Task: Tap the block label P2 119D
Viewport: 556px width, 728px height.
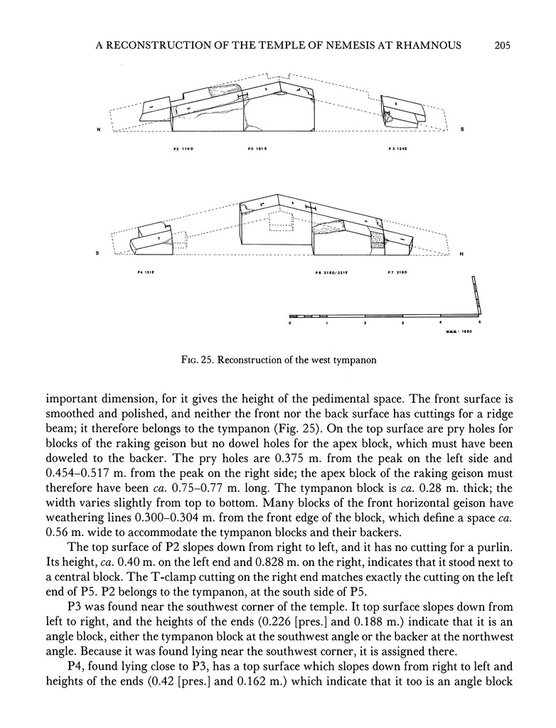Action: pos(183,150)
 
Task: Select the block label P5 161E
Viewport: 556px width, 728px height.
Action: pos(256,150)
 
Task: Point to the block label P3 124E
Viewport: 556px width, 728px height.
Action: pos(397,150)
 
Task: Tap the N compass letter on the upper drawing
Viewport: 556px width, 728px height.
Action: pos(97,129)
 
